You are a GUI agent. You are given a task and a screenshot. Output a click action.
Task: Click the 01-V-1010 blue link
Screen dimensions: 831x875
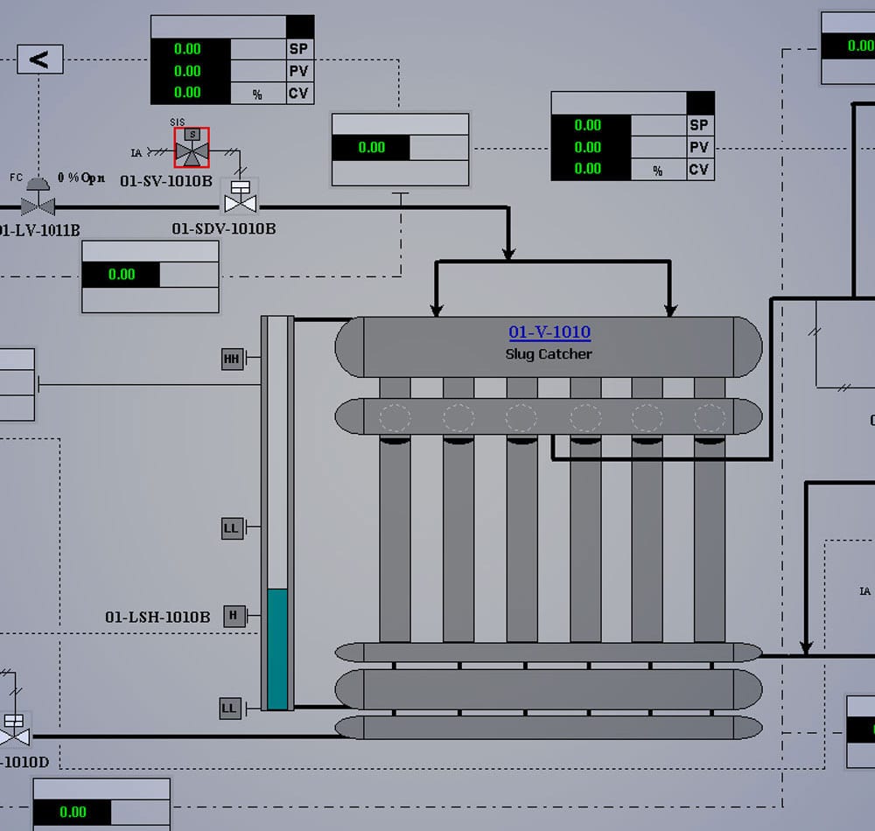click(x=549, y=332)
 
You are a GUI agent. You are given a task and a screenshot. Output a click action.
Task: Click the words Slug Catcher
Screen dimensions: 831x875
click(x=549, y=354)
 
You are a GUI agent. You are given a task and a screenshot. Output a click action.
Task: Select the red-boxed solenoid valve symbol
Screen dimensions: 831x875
click(x=192, y=148)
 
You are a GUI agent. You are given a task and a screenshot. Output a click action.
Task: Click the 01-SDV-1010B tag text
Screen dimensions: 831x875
click(x=224, y=228)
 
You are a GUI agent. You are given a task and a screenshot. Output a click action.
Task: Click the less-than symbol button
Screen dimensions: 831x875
click(x=39, y=59)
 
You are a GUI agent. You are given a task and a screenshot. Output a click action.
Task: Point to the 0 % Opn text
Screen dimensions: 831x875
click(x=81, y=178)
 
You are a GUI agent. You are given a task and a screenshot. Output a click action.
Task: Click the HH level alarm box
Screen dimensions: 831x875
click(x=232, y=359)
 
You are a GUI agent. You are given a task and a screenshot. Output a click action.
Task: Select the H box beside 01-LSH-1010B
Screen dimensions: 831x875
click(x=233, y=616)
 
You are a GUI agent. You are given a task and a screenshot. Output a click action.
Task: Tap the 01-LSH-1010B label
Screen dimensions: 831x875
click(x=157, y=617)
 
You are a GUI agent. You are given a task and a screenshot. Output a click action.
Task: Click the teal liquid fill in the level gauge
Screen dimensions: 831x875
click(x=277, y=647)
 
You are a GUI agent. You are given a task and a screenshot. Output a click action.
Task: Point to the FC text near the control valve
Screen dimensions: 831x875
click(x=16, y=178)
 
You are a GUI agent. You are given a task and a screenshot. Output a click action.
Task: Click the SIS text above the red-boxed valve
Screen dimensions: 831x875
click(x=178, y=122)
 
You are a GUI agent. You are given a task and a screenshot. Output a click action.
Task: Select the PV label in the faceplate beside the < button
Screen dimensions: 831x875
click(x=299, y=71)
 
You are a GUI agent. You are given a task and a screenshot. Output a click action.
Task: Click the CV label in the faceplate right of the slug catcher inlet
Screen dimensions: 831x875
click(x=698, y=169)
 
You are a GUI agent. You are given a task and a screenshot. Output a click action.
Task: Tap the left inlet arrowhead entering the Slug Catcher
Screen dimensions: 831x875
click(x=437, y=310)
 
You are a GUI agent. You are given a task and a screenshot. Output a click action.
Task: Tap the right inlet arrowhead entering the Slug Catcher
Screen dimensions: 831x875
click(x=670, y=310)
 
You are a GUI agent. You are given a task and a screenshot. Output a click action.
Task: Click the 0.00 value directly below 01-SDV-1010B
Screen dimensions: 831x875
click(x=122, y=274)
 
